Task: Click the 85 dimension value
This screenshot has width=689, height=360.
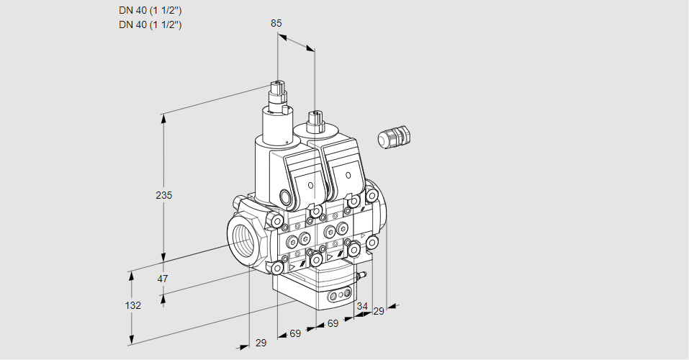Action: (x=276, y=23)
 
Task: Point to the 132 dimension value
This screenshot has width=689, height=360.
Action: (x=132, y=305)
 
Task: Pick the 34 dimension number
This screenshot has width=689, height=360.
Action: (x=361, y=307)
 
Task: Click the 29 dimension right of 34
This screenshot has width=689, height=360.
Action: (x=379, y=311)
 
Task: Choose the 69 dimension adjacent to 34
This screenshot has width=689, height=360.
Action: (x=333, y=324)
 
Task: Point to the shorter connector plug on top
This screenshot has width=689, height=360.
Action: (x=314, y=120)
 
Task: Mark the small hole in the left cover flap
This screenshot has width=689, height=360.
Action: (x=310, y=186)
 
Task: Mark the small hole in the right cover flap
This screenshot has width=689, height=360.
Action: (x=349, y=176)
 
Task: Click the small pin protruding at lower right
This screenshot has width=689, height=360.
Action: (x=364, y=274)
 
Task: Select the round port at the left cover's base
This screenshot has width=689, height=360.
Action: (x=284, y=197)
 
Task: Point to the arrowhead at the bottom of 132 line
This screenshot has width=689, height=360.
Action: (x=132, y=341)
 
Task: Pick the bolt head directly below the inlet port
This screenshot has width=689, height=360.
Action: (x=276, y=268)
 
